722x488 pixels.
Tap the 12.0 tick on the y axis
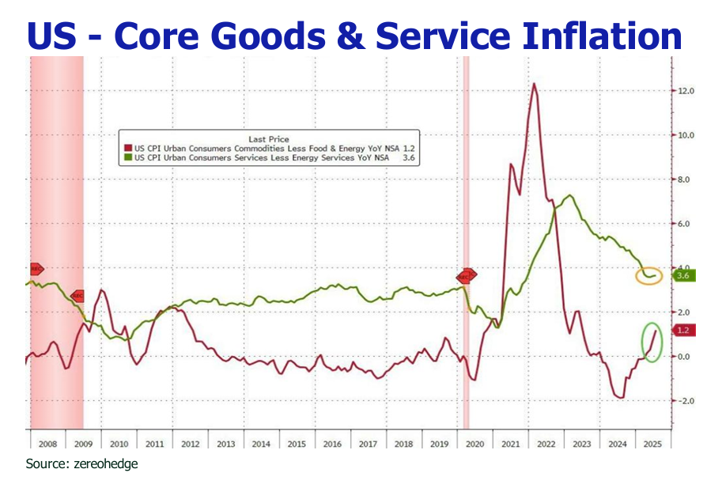click(686, 91)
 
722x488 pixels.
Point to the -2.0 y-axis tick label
click(685, 400)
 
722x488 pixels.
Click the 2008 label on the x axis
click(47, 444)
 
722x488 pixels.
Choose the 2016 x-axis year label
click(332, 444)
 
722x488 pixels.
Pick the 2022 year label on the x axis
click(546, 444)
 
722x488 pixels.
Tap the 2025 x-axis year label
click(652, 444)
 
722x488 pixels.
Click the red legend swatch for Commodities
click(130, 148)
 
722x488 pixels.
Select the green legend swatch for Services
click(130, 158)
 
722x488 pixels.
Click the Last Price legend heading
click(268, 138)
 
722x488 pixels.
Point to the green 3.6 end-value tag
click(682, 275)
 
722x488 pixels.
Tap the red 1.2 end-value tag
click(682, 330)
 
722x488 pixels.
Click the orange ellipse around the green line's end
click(649, 276)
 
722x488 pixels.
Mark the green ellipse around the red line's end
click(652, 342)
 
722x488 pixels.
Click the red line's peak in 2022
click(535, 84)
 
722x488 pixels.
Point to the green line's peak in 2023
click(569, 195)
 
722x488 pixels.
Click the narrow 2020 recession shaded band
click(466, 237)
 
